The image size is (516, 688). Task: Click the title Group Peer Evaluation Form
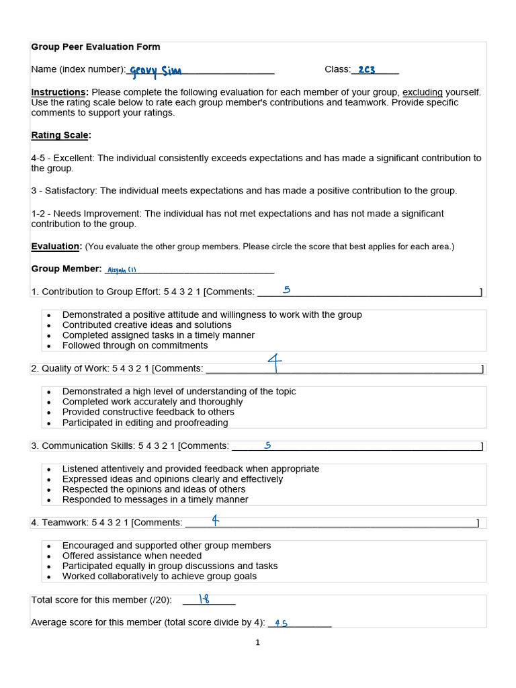pyautogui.click(x=95, y=47)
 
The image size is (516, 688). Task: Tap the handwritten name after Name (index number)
pyautogui.click(x=155, y=71)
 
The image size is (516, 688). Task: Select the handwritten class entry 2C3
pyautogui.click(x=366, y=69)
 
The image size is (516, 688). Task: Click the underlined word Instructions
pyautogui.click(x=59, y=92)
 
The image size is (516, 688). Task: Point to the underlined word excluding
pyautogui.click(x=422, y=92)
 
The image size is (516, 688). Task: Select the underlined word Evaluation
pyautogui.click(x=56, y=247)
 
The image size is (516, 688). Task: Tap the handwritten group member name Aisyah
pyautogui.click(x=122, y=270)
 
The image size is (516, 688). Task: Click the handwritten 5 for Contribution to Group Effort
pyautogui.click(x=287, y=290)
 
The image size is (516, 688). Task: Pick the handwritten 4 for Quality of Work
pyautogui.click(x=274, y=363)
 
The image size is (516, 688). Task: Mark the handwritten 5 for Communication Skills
pyautogui.click(x=267, y=445)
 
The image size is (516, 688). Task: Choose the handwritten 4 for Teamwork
pyautogui.click(x=215, y=520)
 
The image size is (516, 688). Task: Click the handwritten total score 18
pyautogui.click(x=204, y=599)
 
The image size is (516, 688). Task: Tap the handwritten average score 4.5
pyautogui.click(x=281, y=623)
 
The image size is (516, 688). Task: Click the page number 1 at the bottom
pyautogui.click(x=257, y=642)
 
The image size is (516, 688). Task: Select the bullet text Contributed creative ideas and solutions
pyautogui.click(x=146, y=325)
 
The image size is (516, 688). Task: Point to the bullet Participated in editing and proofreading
pyautogui.click(x=145, y=423)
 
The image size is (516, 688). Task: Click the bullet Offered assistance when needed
pyautogui.click(x=132, y=556)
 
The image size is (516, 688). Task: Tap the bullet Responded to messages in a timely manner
pyautogui.click(x=155, y=500)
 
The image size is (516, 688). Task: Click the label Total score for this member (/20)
pyautogui.click(x=101, y=600)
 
